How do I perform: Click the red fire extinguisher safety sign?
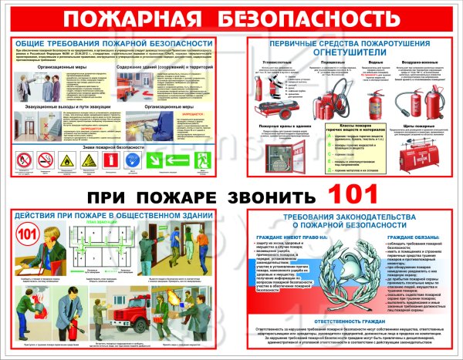110,160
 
